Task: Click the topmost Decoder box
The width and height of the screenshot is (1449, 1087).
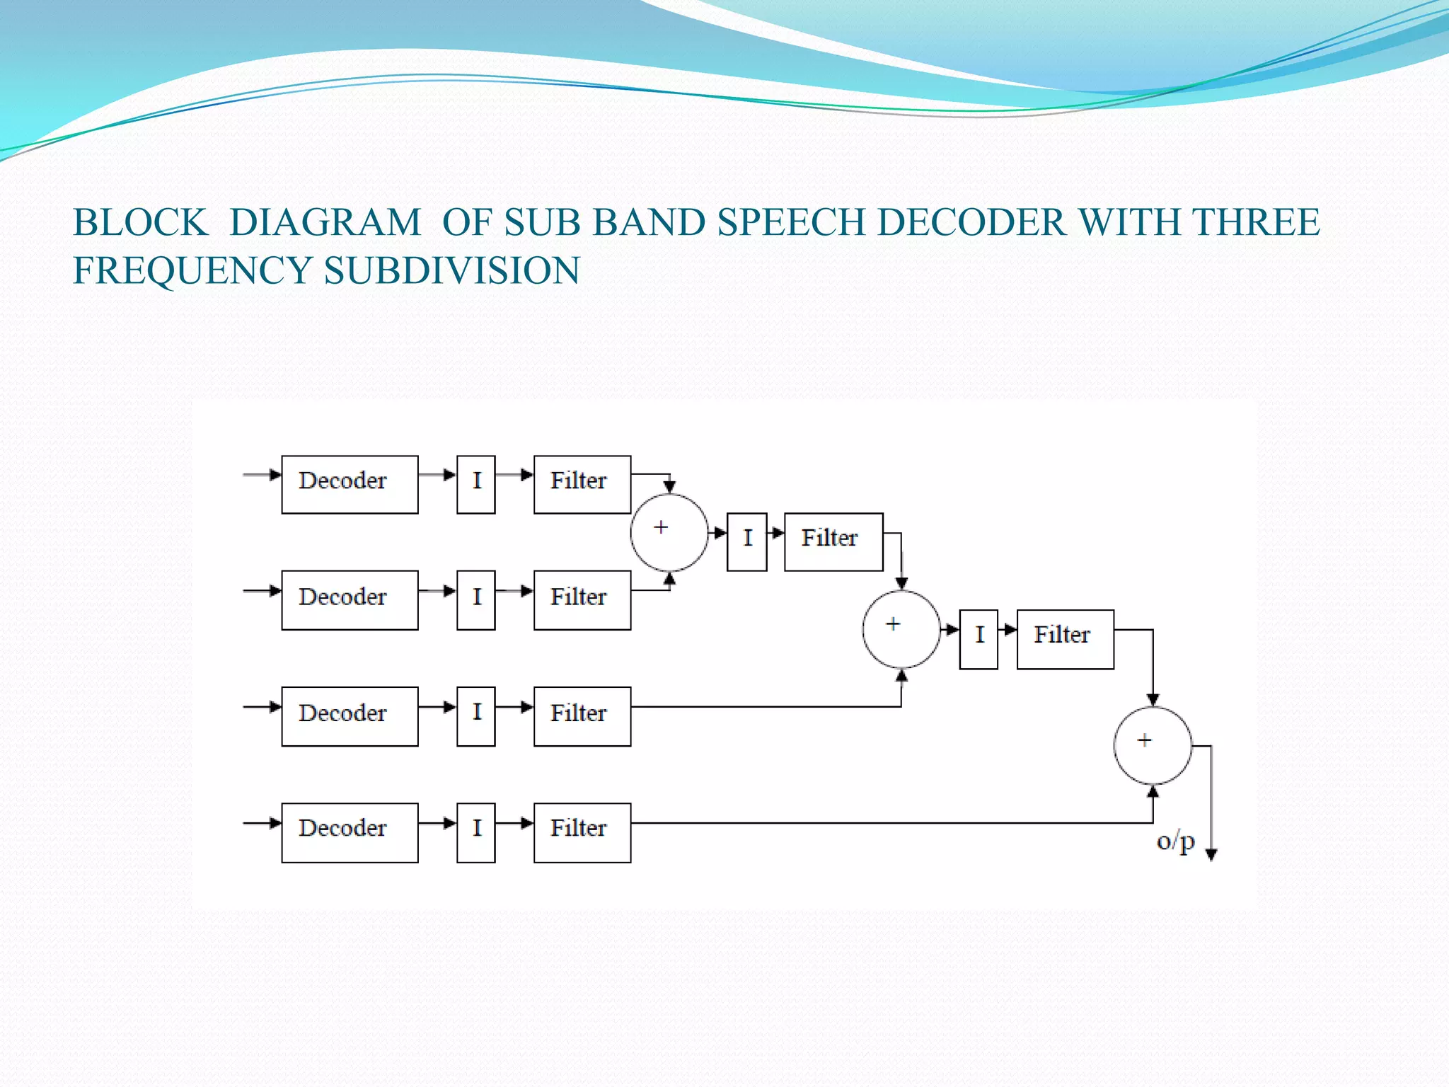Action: (350, 484)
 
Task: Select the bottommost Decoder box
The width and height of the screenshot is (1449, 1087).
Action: (350, 832)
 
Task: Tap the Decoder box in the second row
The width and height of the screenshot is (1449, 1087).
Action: (350, 600)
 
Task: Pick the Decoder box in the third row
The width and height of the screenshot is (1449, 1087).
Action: (350, 716)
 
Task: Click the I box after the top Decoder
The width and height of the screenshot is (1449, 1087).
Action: (475, 484)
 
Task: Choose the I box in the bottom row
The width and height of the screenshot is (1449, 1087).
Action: (475, 832)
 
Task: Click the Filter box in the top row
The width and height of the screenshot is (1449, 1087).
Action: (582, 484)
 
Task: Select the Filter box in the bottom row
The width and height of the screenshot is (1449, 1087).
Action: (582, 832)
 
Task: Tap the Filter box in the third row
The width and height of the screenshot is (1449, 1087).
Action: (582, 716)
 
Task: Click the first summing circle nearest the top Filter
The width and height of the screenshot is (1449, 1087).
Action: (669, 532)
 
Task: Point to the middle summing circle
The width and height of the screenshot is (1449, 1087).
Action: (901, 629)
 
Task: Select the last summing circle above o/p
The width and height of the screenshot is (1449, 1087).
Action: (1153, 745)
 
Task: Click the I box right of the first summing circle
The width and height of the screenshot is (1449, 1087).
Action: (746, 541)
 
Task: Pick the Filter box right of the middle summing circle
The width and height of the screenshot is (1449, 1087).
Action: (1065, 639)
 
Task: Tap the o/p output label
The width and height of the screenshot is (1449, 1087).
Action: (1175, 842)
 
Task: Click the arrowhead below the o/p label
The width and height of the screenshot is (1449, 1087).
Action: (1211, 854)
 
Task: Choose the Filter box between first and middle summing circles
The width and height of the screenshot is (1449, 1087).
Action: (833, 541)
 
